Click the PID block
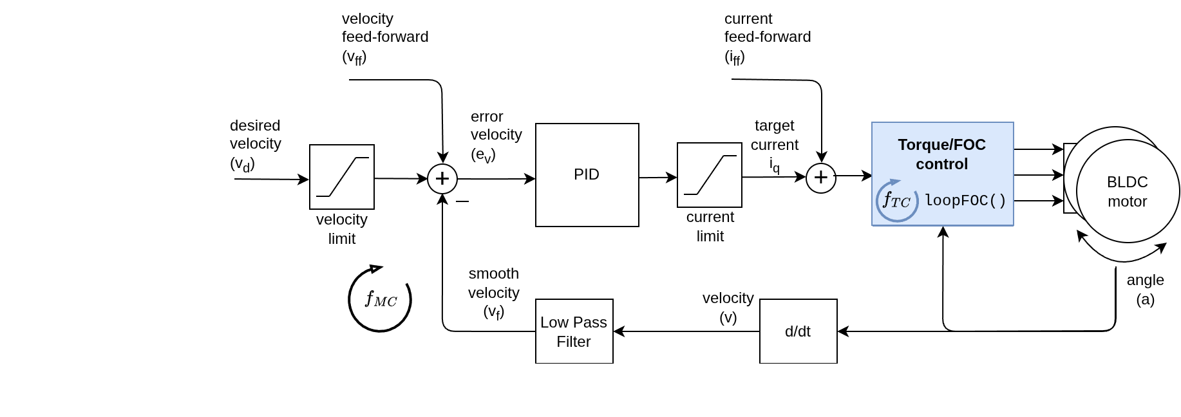[x=587, y=175]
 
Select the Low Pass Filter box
[x=574, y=331]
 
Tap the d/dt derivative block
[x=798, y=331]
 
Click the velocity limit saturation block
[x=342, y=177]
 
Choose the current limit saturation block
[x=710, y=175]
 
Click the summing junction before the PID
[x=442, y=178]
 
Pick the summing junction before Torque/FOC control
[x=821, y=178]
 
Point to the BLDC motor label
[x=1127, y=191]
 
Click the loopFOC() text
[x=965, y=201]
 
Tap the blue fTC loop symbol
[x=896, y=201]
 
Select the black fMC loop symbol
[x=380, y=300]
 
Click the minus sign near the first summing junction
[x=462, y=201]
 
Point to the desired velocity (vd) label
[x=255, y=145]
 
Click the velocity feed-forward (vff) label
[x=384, y=38]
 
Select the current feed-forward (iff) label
[x=767, y=38]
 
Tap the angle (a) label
[x=1145, y=290]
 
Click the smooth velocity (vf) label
[x=493, y=293]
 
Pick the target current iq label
[x=775, y=145]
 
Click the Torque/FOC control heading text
[x=941, y=154]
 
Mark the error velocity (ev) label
[x=496, y=136]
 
